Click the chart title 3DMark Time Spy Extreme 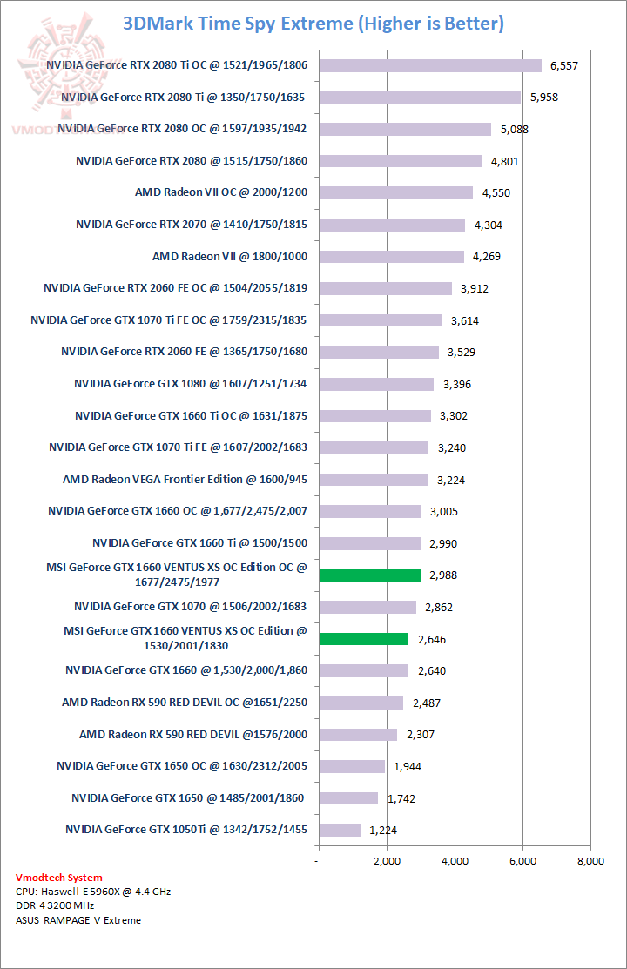[x=313, y=24]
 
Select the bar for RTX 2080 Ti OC [x=430, y=65]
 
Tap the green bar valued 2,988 [x=370, y=575]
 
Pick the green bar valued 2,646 [x=364, y=638]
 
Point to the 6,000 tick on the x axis [x=522, y=861]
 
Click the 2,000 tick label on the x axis [x=387, y=861]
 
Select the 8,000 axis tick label [x=590, y=861]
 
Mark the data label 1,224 [x=384, y=831]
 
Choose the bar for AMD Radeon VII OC [x=395, y=192]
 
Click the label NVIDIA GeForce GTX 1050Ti [x=186, y=830]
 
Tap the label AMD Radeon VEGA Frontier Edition [x=185, y=479]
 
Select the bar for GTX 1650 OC [x=352, y=766]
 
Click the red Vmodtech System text [x=59, y=878]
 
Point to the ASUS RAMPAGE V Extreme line [x=78, y=919]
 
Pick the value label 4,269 [x=489, y=257]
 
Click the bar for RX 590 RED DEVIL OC [x=361, y=703]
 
